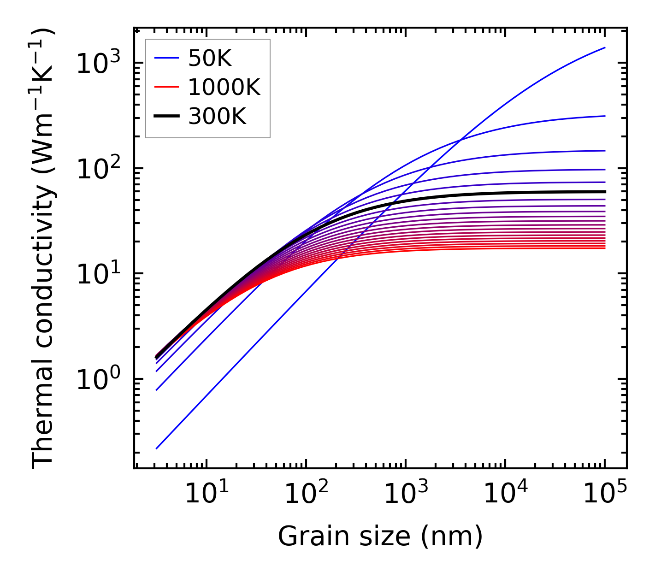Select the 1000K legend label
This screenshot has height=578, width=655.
[x=224, y=87]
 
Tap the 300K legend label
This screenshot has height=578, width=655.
[x=217, y=117]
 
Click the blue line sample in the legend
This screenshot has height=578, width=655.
[x=166, y=58]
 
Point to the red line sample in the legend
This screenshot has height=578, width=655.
[x=166, y=87]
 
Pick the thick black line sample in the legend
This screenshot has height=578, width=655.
[x=166, y=117]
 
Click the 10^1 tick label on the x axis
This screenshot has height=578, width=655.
[x=206, y=493]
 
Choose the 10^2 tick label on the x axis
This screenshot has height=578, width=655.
[x=306, y=493]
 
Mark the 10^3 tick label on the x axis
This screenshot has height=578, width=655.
[x=405, y=493]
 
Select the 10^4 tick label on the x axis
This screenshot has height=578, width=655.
[x=505, y=493]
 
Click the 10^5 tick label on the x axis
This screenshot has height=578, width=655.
[x=604, y=493]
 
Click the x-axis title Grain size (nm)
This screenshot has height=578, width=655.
[x=380, y=536]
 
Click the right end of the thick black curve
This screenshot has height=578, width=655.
[x=604, y=191]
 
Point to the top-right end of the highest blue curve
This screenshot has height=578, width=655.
[x=604, y=47]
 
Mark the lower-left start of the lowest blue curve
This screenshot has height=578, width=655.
[x=157, y=448]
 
